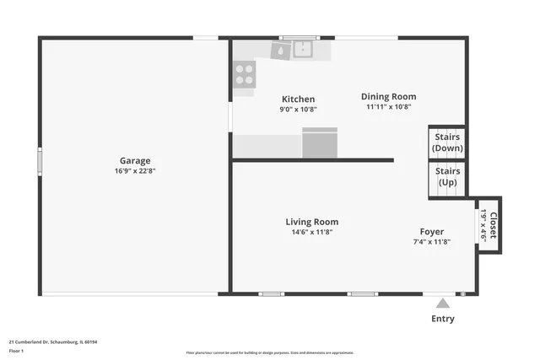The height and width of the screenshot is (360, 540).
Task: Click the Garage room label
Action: [x=135, y=160]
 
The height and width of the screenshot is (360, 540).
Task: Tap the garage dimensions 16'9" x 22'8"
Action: [x=135, y=170]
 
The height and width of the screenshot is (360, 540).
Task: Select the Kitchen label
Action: [x=298, y=99]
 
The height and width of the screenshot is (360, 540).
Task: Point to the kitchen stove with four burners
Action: [x=244, y=75]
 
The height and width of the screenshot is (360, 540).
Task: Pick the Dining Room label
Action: [x=388, y=96]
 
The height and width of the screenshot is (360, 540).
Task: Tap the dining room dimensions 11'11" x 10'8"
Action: [x=388, y=107]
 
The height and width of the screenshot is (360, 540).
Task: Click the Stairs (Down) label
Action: [x=447, y=142]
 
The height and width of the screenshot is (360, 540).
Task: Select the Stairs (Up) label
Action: [x=447, y=176]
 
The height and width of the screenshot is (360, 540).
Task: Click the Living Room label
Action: [x=311, y=222]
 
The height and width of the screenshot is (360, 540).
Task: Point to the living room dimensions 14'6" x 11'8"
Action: [x=311, y=232]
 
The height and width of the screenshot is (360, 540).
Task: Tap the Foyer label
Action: [x=432, y=231]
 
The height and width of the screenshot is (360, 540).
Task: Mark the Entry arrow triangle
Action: [x=442, y=303]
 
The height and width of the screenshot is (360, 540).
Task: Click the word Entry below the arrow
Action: [x=442, y=319]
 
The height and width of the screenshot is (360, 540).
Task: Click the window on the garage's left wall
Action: [x=39, y=160]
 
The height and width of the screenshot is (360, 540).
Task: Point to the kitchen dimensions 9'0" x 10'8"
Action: [x=298, y=110]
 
